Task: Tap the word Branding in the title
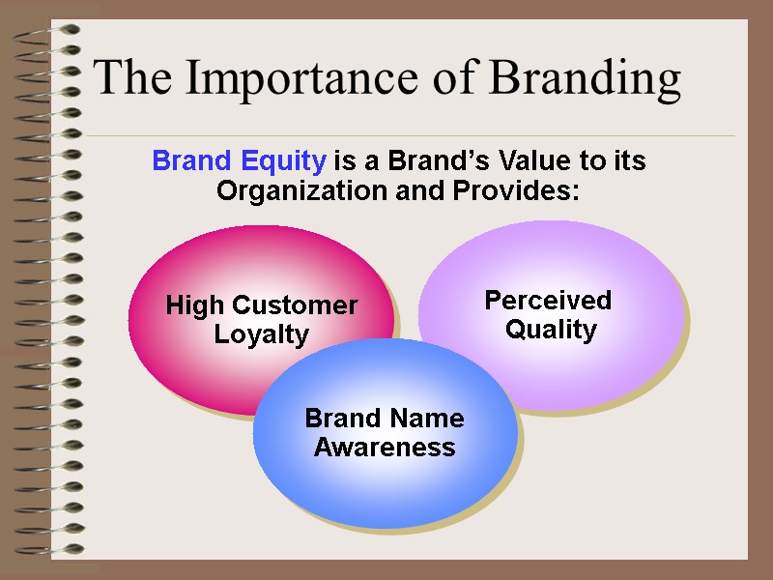[x=585, y=80]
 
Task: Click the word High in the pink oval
[x=191, y=306]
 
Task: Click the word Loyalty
[x=261, y=335]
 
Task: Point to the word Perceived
[x=548, y=301]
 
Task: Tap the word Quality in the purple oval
[x=551, y=330]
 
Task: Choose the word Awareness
[x=385, y=448]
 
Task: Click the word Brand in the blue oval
[x=340, y=419]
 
